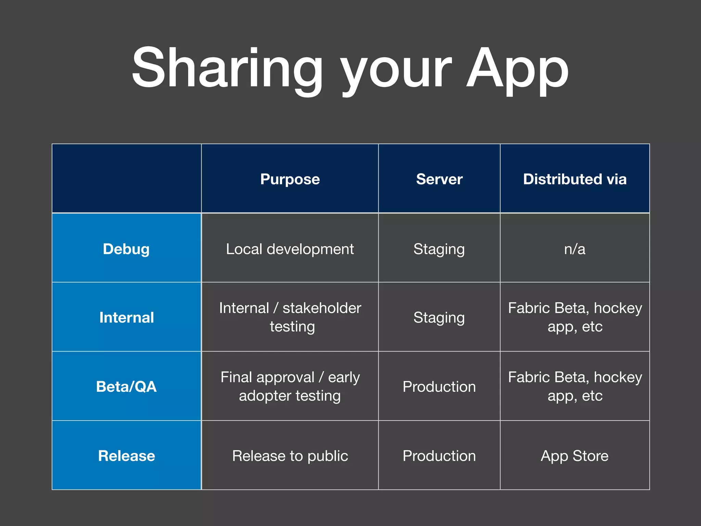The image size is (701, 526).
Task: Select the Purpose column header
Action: pyautogui.click(x=290, y=179)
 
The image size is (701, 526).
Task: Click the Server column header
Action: pyautogui.click(x=439, y=179)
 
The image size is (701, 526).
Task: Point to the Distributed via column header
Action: pyautogui.click(x=575, y=179)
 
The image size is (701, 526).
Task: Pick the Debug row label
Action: pyautogui.click(x=126, y=249)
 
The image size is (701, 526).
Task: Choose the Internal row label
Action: pyautogui.click(x=126, y=317)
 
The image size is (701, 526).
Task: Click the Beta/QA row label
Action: pyautogui.click(x=126, y=387)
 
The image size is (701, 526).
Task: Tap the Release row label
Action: pyautogui.click(x=126, y=456)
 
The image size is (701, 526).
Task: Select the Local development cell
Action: pyautogui.click(x=290, y=249)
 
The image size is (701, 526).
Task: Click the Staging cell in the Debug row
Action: pyautogui.click(x=439, y=249)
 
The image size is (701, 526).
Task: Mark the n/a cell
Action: pyautogui.click(x=575, y=249)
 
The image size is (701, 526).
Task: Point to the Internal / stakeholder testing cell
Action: pyautogui.click(x=290, y=317)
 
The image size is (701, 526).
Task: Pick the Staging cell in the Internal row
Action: pyautogui.click(x=439, y=317)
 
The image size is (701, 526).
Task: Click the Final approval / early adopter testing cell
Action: pyautogui.click(x=290, y=386)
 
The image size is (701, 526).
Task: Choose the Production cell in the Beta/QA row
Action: pyautogui.click(x=439, y=387)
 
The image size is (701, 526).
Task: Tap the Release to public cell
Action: pyautogui.click(x=290, y=456)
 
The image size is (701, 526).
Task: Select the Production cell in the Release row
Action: pyautogui.click(x=439, y=456)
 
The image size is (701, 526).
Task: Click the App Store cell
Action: pyautogui.click(x=575, y=456)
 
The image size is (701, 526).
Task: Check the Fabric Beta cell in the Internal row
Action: pyautogui.click(x=575, y=317)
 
